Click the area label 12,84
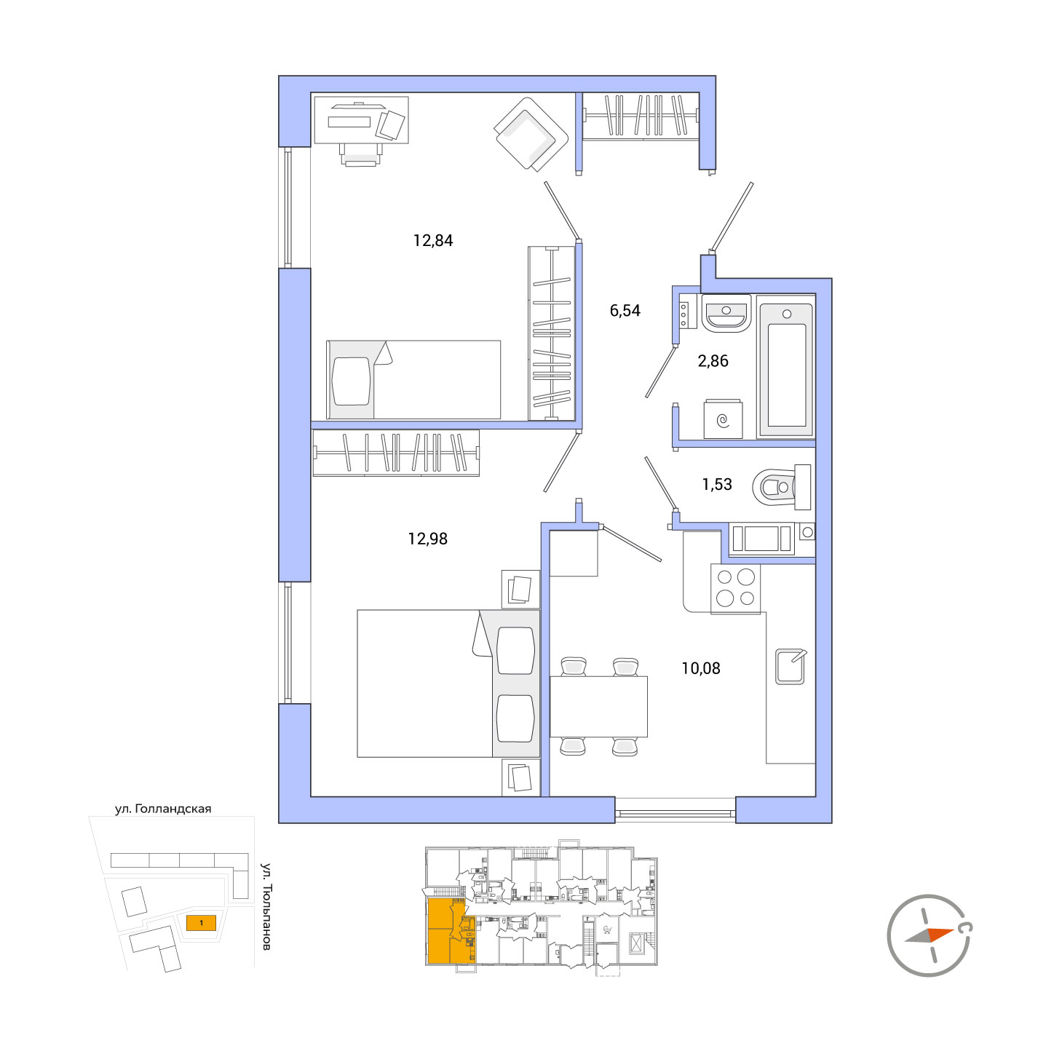(432, 240)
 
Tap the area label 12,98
(427, 539)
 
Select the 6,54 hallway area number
(625, 310)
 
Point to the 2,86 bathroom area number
(713, 360)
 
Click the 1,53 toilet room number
(716, 484)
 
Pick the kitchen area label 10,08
(700, 668)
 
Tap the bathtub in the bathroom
(786, 366)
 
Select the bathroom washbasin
(726, 313)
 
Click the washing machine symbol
(723, 419)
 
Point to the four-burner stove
(735, 588)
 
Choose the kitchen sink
(790, 666)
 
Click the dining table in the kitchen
(598, 706)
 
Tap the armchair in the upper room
(530, 135)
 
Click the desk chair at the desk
(360, 155)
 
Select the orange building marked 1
(201, 922)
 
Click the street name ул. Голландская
(162, 809)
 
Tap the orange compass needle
(940, 934)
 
